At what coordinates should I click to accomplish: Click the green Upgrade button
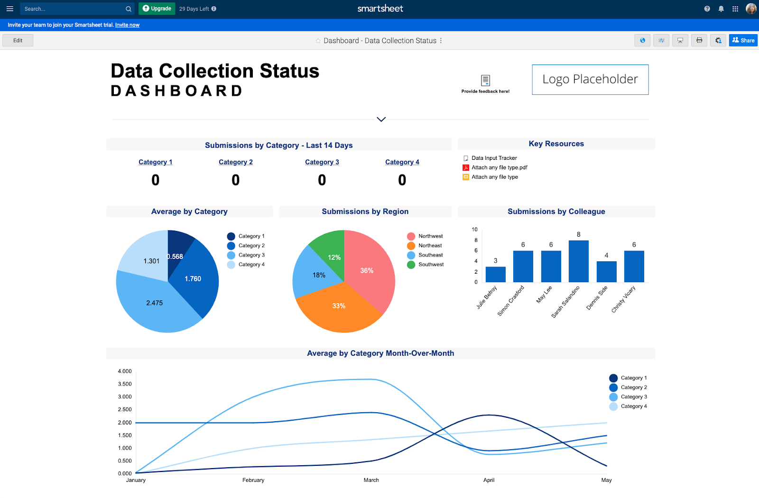(157, 9)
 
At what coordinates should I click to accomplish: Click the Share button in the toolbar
(743, 40)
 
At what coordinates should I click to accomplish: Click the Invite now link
(127, 25)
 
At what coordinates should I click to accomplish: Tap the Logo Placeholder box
(590, 80)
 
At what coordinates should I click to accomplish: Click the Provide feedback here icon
(485, 80)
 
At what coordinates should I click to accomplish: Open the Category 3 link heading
(322, 162)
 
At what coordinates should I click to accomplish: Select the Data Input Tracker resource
(494, 158)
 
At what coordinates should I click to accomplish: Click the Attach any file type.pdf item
(499, 167)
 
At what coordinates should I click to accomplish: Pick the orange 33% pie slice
(339, 308)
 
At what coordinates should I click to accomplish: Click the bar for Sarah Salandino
(578, 261)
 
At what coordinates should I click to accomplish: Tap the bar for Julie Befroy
(495, 274)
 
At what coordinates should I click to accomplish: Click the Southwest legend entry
(431, 265)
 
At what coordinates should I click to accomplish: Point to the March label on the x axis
(371, 480)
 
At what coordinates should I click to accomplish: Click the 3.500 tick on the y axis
(125, 384)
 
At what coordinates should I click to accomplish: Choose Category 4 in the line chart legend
(633, 406)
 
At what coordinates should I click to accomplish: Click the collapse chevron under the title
(381, 119)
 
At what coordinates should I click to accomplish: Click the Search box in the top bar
(74, 9)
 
